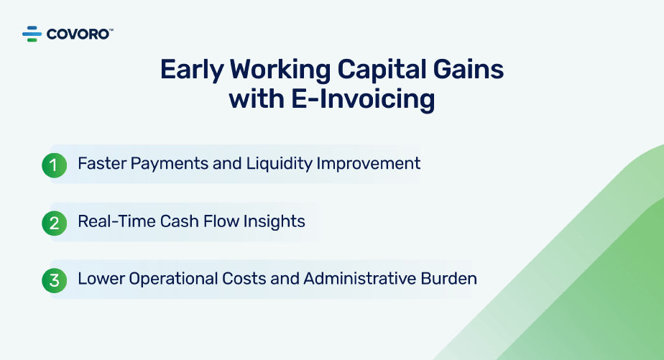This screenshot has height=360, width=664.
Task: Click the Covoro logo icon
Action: pyautogui.click(x=32, y=34)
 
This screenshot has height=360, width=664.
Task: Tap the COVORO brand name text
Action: pyautogui.click(x=78, y=34)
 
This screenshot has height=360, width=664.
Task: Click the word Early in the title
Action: pyautogui.click(x=192, y=70)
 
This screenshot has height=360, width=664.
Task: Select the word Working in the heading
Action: pyautogui.click(x=280, y=70)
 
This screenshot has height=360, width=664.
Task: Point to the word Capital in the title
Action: pyautogui.click(x=382, y=70)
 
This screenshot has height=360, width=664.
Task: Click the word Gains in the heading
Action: pyautogui.click(x=469, y=69)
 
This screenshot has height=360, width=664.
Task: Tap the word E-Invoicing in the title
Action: pyautogui.click(x=363, y=100)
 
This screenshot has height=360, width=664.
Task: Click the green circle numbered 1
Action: pyautogui.click(x=54, y=165)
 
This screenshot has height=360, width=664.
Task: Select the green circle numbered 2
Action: pyautogui.click(x=54, y=223)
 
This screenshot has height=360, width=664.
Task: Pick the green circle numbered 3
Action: pyautogui.click(x=54, y=280)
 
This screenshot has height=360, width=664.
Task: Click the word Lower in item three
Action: pyautogui.click(x=101, y=279)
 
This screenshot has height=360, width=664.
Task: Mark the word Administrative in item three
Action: pyautogui.click(x=360, y=279)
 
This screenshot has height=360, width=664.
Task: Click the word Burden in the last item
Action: pyautogui.click(x=449, y=279)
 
